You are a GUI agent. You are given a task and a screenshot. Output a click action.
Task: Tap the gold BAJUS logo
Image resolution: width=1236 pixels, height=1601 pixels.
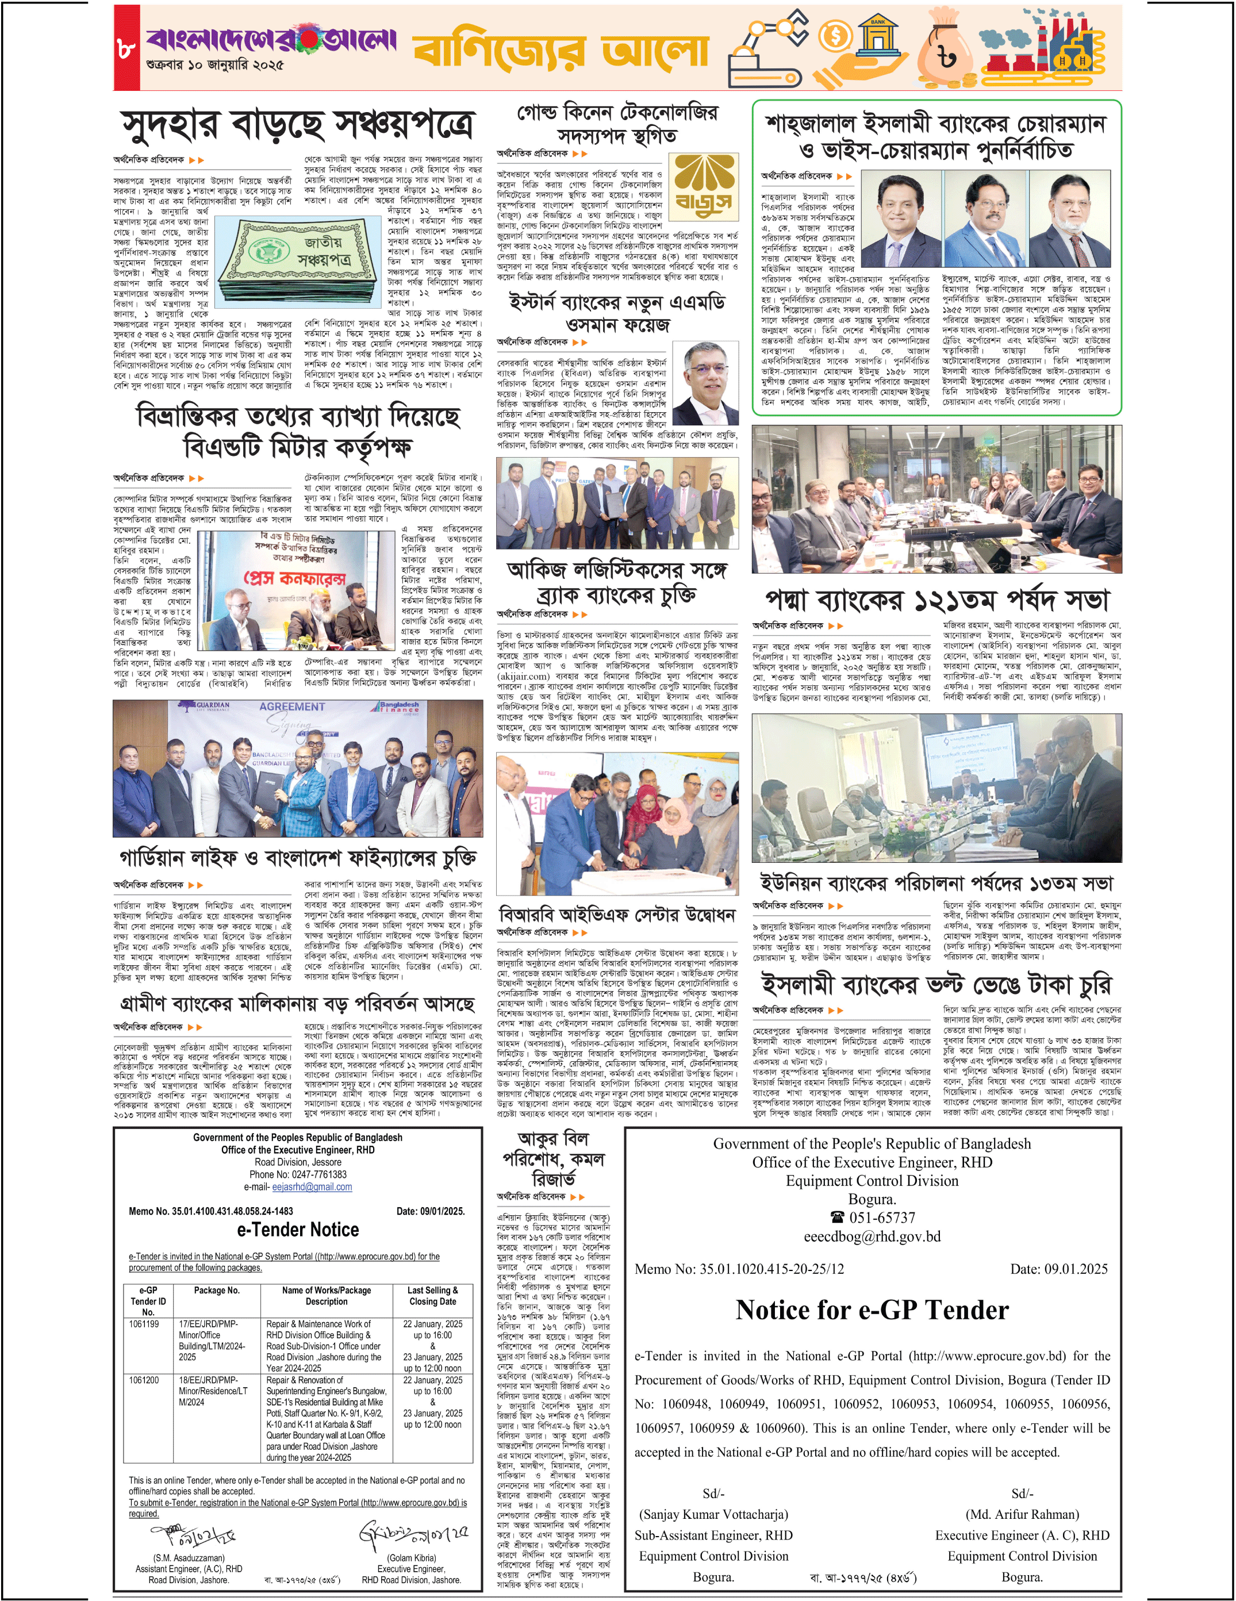coord(704,187)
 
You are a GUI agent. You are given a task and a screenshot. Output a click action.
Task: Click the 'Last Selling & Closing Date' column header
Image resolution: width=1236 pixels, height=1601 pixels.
coord(432,1295)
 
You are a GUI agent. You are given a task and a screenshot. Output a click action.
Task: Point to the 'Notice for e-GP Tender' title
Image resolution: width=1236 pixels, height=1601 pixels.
coord(872,1310)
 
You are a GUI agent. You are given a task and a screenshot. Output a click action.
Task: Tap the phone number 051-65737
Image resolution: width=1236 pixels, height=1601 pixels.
coord(872,1218)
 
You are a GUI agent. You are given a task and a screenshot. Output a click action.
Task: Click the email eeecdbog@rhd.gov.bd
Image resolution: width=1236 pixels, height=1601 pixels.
coord(872,1237)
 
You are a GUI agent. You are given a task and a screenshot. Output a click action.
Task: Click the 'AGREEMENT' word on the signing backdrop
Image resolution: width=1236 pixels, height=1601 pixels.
coord(292,707)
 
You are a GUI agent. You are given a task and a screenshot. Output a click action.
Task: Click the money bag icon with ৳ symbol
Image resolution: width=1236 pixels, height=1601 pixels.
coord(951,51)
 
